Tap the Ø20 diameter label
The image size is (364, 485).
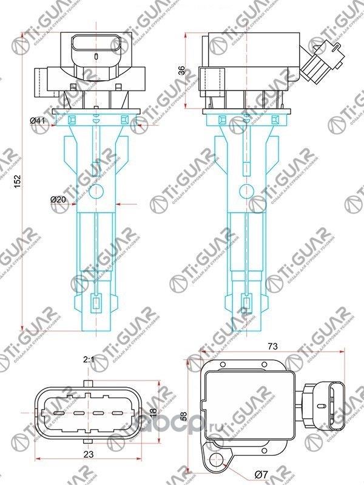[x=58, y=199]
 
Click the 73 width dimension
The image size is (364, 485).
[x=273, y=346]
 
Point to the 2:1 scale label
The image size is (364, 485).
[x=89, y=360]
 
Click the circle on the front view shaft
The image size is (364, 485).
[x=97, y=194]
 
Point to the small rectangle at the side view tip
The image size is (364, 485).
[x=247, y=302]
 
